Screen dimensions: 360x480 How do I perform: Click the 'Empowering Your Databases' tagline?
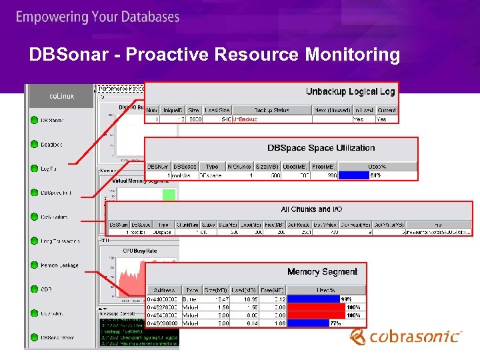[97, 17]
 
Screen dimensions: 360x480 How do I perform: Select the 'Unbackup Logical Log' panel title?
[350, 92]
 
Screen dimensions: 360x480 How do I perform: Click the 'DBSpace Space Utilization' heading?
[321, 148]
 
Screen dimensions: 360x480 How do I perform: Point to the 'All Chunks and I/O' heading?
[311, 209]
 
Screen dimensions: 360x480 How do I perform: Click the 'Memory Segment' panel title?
[322, 271]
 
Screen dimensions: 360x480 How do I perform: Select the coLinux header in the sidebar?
[62, 97]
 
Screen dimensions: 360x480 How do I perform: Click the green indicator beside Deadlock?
[34, 144]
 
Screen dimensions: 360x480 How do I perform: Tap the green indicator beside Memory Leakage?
[34, 265]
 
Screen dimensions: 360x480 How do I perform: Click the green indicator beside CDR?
[34, 289]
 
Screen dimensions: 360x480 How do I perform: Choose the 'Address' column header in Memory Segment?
[164, 291]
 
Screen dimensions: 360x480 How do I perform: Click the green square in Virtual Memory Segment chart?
[169, 195]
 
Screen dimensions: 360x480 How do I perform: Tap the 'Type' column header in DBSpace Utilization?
[212, 166]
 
